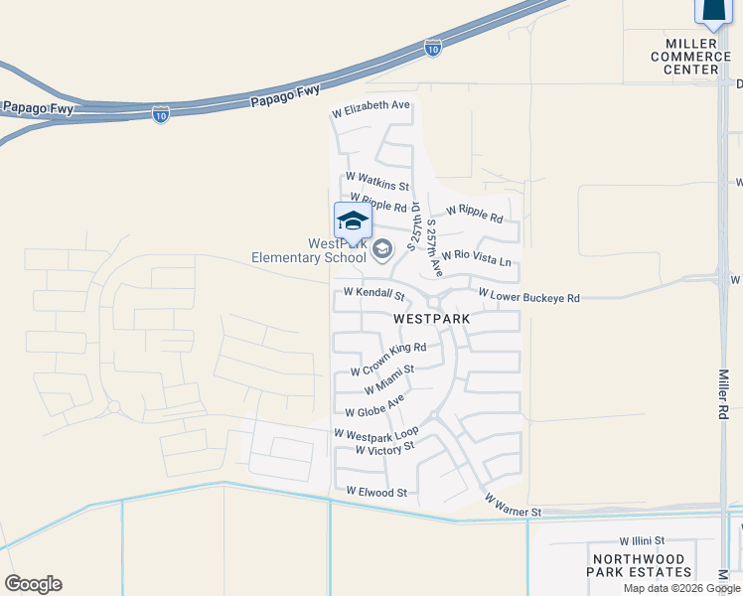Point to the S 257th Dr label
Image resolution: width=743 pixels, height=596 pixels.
[415, 227]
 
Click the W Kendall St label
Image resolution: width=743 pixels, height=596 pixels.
[374, 294]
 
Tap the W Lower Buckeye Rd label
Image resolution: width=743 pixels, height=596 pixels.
[527, 295]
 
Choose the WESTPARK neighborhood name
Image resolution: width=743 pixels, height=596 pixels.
[431, 319]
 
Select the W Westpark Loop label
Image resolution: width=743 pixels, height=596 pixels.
[376, 433]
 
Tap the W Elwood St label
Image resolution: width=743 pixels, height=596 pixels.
[376, 492]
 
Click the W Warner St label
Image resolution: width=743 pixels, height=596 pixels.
[513, 505]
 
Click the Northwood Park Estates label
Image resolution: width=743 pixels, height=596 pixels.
[640, 565]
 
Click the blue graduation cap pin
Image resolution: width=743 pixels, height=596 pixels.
[353, 222]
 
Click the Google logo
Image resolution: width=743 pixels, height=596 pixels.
[33, 584]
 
